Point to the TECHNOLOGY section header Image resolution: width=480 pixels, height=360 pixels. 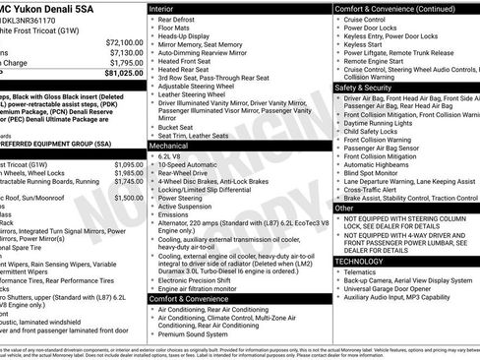click(x=359, y=262)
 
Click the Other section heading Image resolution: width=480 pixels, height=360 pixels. click(x=344, y=209)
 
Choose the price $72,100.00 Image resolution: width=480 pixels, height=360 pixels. click(x=124, y=43)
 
